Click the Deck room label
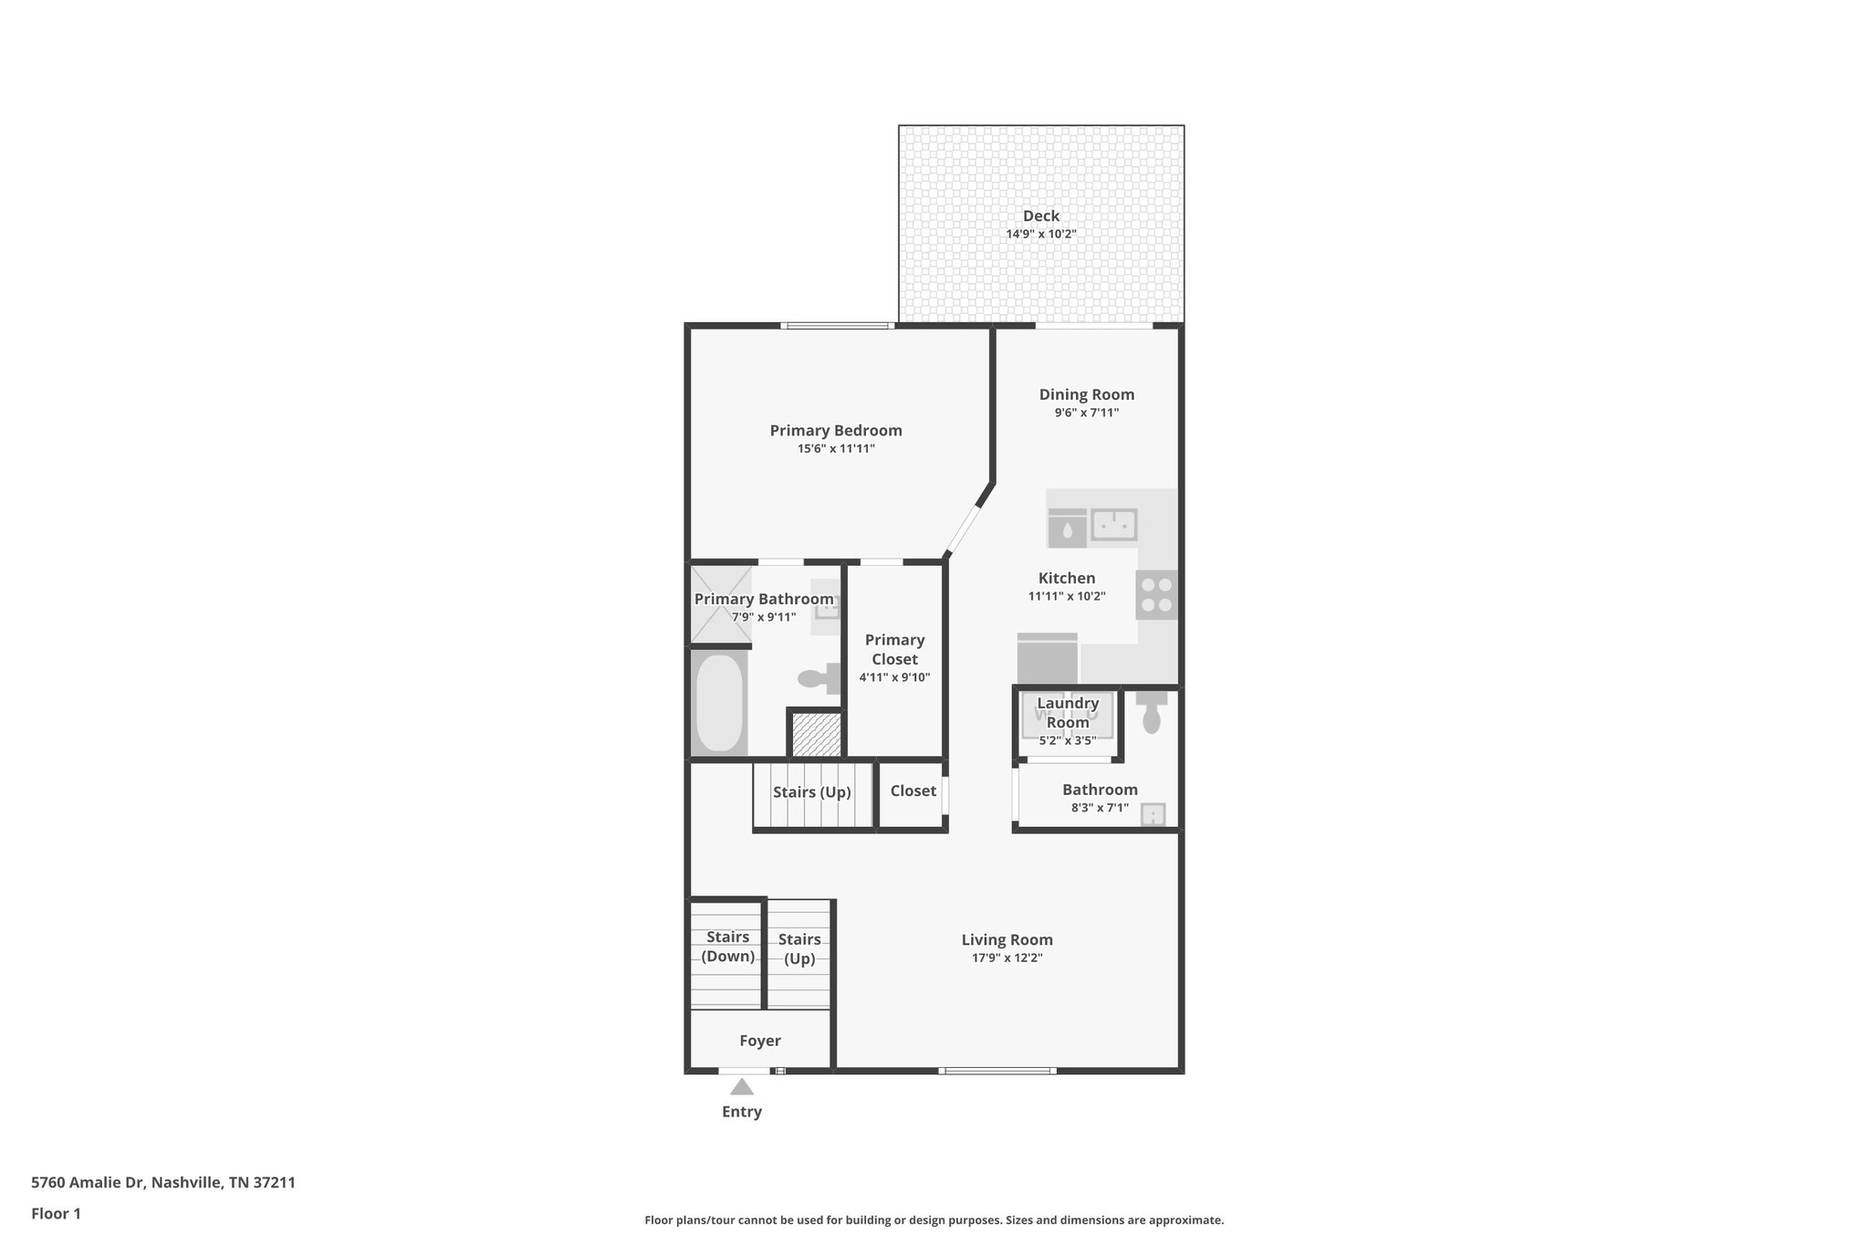[x=1040, y=216]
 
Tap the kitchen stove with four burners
[x=1156, y=595]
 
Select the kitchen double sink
[x=1113, y=525]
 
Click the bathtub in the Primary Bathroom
[x=719, y=703]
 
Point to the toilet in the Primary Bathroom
[x=819, y=678]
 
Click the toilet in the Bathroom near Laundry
[x=1152, y=713]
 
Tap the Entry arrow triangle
[x=742, y=1086]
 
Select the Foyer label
[x=759, y=1041]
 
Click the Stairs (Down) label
[x=727, y=947]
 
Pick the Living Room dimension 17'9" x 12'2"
[x=1007, y=958]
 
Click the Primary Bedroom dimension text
[x=835, y=448]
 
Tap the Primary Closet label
[x=894, y=649]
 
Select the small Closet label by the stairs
[x=913, y=791]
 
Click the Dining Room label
[x=1086, y=394]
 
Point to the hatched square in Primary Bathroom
[x=816, y=735]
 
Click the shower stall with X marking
[x=720, y=604]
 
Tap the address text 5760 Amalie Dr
[x=162, y=1182]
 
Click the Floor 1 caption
[x=56, y=1213]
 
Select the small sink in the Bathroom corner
[x=1153, y=813]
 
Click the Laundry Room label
[x=1068, y=712]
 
